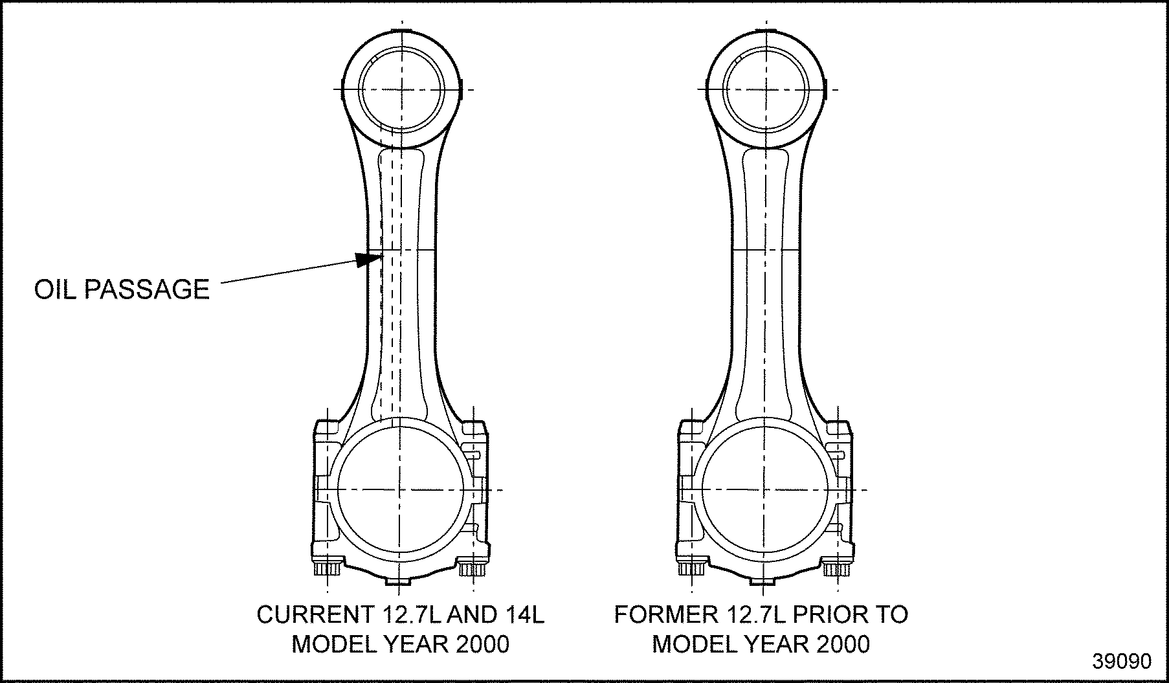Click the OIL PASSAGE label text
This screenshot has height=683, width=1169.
[122, 289]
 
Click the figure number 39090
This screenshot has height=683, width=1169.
[1122, 661]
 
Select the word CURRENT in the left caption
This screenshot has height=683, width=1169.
[311, 615]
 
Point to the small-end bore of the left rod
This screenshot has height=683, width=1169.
[401, 89]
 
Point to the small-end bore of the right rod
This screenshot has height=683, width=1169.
[764, 89]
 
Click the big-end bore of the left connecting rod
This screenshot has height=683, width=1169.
[401, 489]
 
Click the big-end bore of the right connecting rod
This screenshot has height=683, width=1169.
[764, 489]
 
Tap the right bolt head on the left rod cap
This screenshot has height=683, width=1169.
[473, 570]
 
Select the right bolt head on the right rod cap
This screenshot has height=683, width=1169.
[837, 570]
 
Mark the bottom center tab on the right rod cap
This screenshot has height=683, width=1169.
[763, 581]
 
